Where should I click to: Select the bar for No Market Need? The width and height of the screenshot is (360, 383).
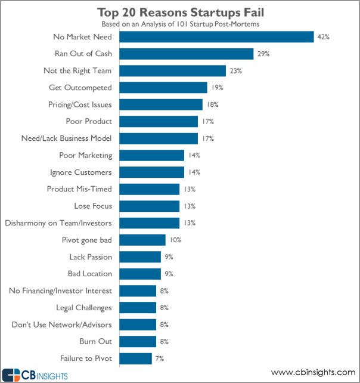(x=217, y=37)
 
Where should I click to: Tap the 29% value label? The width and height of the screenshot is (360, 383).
(x=264, y=54)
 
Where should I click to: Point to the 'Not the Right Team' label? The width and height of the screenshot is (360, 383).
(x=77, y=71)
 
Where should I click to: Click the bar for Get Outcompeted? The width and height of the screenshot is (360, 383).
(x=163, y=88)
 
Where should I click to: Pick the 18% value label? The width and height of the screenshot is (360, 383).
(x=213, y=104)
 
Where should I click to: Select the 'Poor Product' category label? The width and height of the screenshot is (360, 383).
(x=88, y=122)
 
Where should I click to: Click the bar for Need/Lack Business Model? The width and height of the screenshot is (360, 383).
(x=159, y=138)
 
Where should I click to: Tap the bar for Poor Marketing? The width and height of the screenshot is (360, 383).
(x=152, y=156)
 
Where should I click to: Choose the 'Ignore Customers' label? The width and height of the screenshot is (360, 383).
(x=80, y=172)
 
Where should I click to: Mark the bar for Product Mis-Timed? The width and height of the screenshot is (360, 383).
(x=150, y=189)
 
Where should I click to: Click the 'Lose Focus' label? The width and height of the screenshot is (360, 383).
(x=92, y=206)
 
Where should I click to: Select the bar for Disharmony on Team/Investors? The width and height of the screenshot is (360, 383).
(x=150, y=223)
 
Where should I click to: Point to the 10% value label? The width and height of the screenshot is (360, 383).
(x=175, y=240)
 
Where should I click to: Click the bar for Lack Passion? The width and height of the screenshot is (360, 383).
(x=140, y=257)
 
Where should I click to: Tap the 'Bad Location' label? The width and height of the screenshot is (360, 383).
(x=89, y=274)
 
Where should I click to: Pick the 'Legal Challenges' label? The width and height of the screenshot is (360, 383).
(x=83, y=308)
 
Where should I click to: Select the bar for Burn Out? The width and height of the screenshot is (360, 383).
(x=138, y=342)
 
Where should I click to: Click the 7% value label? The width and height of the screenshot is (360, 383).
(x=160, y=359)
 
